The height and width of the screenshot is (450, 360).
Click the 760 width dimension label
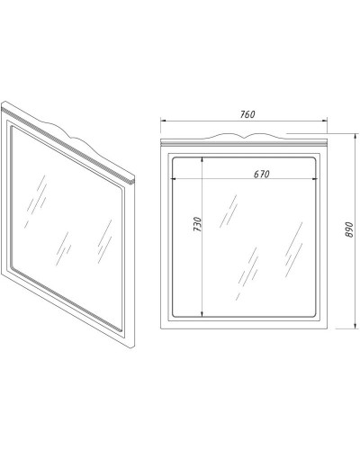point(247,114)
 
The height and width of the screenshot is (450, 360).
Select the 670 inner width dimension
point(262,174)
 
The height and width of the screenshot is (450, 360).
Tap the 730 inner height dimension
point(197,224)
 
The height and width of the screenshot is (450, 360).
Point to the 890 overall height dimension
point(349,229)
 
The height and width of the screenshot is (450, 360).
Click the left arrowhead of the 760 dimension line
point(164,121)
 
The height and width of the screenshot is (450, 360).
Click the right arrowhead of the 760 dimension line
point(324,121)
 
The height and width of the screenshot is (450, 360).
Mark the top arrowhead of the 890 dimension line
point(355,137)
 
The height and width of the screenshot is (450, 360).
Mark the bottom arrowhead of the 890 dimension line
point(355,326)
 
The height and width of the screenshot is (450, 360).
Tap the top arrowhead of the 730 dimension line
point(202,160)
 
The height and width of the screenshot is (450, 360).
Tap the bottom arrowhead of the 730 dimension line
point(202,313)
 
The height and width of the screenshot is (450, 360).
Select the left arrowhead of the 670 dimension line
point(174,179)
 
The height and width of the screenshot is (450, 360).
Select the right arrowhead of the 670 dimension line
point(314,179)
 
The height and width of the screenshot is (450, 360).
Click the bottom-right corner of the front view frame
point(328,328)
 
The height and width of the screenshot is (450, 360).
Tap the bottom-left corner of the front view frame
point(161,328)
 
